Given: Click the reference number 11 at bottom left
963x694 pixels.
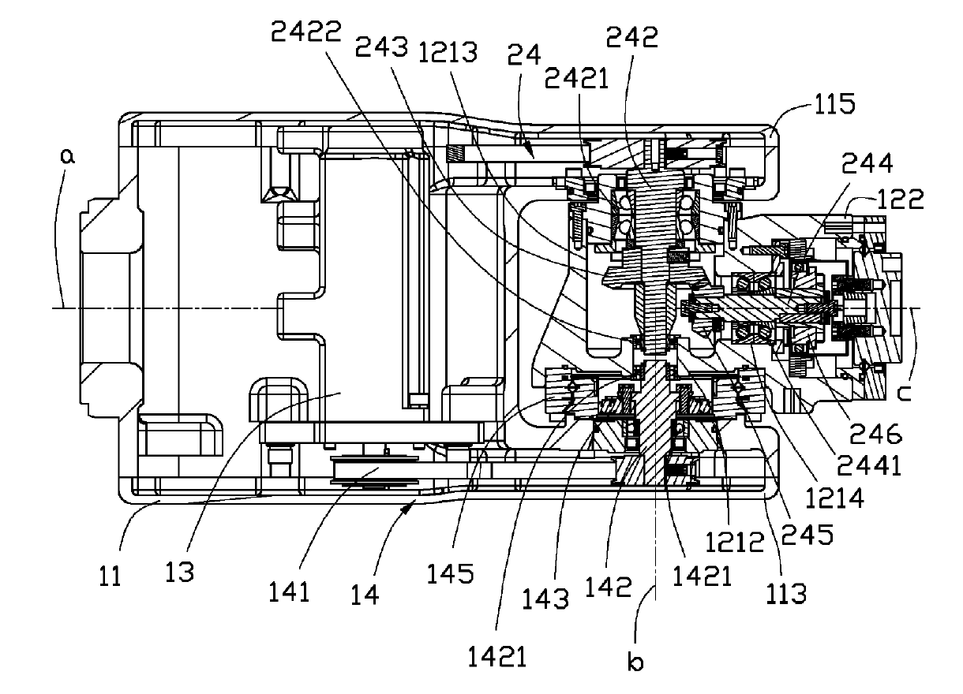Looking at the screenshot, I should coord(110,576).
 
